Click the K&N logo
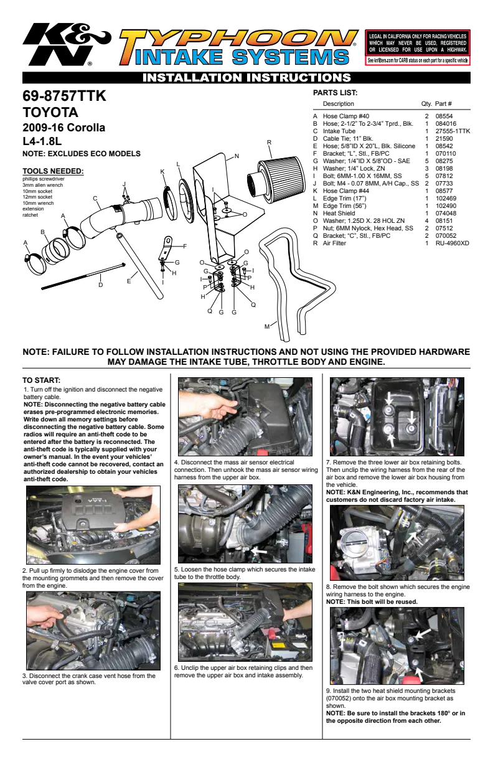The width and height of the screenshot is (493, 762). pyautogui.click(x=67, y=44)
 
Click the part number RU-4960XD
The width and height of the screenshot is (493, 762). pyautogui.click(x=452, y=243)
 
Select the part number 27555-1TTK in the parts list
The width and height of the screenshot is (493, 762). pyautogui.click(x=453, y=131)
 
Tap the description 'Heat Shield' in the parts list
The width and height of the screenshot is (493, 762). pyautogui.click(x=339, y=214)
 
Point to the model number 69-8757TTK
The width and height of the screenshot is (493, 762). pyautogui.click(x=64, y=96)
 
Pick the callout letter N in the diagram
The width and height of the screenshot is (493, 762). pyautogui.click(x=237, y=156)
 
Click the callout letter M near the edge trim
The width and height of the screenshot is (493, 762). pyautogui.click(x=267, y=327)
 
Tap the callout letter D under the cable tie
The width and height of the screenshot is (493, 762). pyautogui.click(x=101, y=285)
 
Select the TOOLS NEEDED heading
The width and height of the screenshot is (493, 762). pyautogui.click(x=53, y=171)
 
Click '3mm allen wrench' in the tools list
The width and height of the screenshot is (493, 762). pyautogui.click(x=43, y=185)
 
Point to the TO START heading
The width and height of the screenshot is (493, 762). pyautogui.click(x=41, y=380)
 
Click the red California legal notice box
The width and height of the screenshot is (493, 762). pyautogui.click(x=418, y=47)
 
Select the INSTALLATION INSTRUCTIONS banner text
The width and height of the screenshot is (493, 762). pyautogui.click(x=247, y=78)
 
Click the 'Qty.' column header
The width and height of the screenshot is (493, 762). pyautogui.click(x=426, y=104)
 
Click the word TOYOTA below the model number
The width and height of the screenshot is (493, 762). pyautogui.click(x=50, y=113)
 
